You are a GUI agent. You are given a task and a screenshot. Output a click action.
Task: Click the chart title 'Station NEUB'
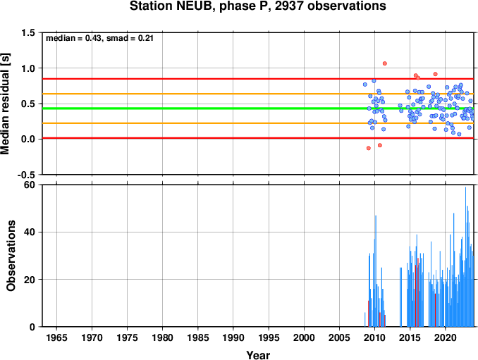pyautogui.click(x=171, y=6)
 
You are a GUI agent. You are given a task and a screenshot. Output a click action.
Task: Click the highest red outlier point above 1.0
pyautogui.click(x=385, y=63)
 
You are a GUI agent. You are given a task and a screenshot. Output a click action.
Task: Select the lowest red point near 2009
pyautogui.click(x=368, y=148)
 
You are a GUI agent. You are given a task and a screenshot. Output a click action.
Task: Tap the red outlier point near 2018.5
pyautogui.click(x=435, y=74)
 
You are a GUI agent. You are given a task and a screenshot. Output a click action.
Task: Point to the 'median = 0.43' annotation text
pyautogui.click(x=73, y=38)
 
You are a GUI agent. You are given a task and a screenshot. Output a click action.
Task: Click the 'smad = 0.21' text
pyautogui.click(x=130, y=38)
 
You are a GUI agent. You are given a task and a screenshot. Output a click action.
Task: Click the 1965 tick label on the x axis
pyautogui.click(x=56, y=337)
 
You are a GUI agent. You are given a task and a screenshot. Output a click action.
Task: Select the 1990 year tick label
pyautogui.click(x=233, y=337)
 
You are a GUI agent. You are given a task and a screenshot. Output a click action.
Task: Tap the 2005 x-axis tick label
pyautogui.click(x=339, y=337)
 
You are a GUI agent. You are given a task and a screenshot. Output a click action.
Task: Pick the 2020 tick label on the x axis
pyautogui.click(x=446, y=337)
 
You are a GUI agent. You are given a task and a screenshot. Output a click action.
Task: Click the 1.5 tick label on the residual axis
pyautogui.click(x=28, y=32)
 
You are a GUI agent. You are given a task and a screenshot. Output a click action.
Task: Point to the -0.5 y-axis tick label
pyautogui.click(x=26, y=175)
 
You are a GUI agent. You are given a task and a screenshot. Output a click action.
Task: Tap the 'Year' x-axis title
pyautogui.click(x=258, y=355)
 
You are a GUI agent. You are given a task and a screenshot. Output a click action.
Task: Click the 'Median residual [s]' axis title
pyautogui.click(x=5, y=104)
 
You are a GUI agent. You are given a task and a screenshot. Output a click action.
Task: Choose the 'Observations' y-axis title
pyautogui.click(x=11, y=256)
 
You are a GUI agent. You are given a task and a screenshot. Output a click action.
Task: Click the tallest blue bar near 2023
pyautogui.click(x=465, y=256)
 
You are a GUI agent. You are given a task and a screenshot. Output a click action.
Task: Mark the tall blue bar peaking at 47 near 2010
pyautogui.click(x=376, y=271)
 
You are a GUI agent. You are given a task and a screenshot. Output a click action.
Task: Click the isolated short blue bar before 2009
pyautogui.click(x=365, y=320)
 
